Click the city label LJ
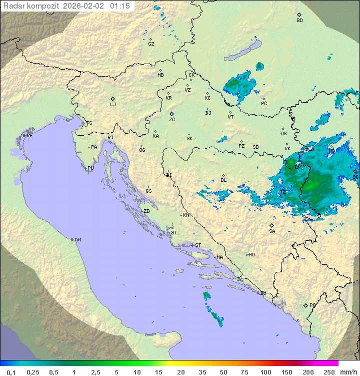click(x=113, y=105)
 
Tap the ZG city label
click(x=172, y=120)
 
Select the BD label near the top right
click(x=299, y=21)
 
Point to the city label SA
click(x=272, y=231)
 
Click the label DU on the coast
click(x=262, y=293)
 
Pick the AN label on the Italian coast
click(x=77, y=240)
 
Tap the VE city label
click(x=29, y=136)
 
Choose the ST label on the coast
click(x=198, y=245)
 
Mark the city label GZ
click(x=151, y=44)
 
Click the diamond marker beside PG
click(x=305, y=305)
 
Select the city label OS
click(x=283, y=134)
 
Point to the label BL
click(x=223, y=180)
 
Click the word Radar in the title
click(x=13, y=6)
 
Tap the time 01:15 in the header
click(x=120, y=6)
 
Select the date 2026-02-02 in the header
click(x=85, y=6)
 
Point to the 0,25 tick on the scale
click(x=33, y=372)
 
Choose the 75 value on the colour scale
click(x=244, y=372)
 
